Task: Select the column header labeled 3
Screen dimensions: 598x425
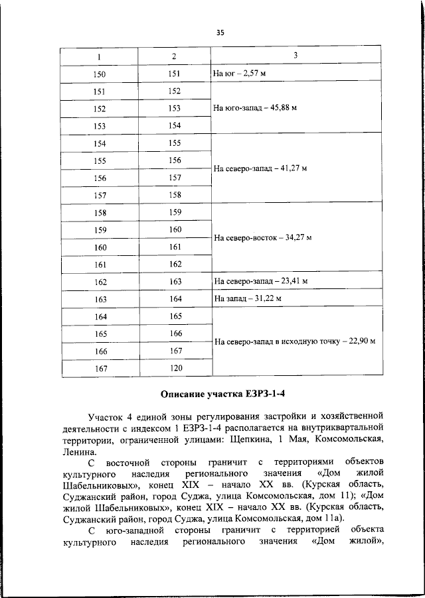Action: point(296,56)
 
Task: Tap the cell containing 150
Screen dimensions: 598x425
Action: point(100,74)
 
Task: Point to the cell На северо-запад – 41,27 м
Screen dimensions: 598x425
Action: point(260,169)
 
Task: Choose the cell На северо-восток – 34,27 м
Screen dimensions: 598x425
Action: point(262,237)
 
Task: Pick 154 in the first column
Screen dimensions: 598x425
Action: point(100,143)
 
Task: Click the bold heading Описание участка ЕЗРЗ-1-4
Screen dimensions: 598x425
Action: point(219,396)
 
